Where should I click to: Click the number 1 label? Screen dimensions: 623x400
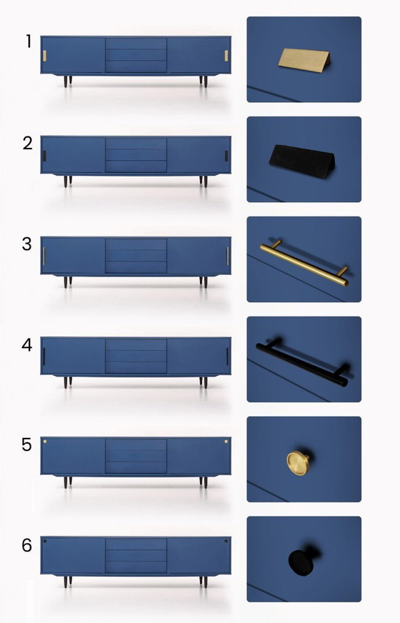pyautogui.click(x=29, y=41)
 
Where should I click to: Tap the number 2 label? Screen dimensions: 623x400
pyautogui.click(x=28, y=143)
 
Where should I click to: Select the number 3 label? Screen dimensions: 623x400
pyautogui.click(x=27, y=244)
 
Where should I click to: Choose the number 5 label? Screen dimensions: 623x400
pyautogui.click(x=27, y=444)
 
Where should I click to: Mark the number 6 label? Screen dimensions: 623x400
pyautogui.click(x=27, y=545)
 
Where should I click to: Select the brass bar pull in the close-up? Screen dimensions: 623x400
pyautogui.click(x=304, y=263)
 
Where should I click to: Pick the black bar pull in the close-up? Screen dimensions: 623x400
pyautogui.click(x=302, y=363)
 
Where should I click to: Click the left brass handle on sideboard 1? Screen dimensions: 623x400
pyautogui.click(x=44, y=56)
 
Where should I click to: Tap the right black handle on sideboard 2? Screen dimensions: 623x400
pyautogui.click(x=226, y=156)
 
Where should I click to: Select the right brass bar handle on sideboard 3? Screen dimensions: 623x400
pyautogui.click(x=227, y=256)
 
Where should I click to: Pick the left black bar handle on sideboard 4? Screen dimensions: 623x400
pyautogui.click(x=44, y=357)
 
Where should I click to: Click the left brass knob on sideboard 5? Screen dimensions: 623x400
pyautogui.click(x=45, y=442)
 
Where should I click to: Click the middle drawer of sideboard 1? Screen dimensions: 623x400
pyautogui.click(x=136, y=55)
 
